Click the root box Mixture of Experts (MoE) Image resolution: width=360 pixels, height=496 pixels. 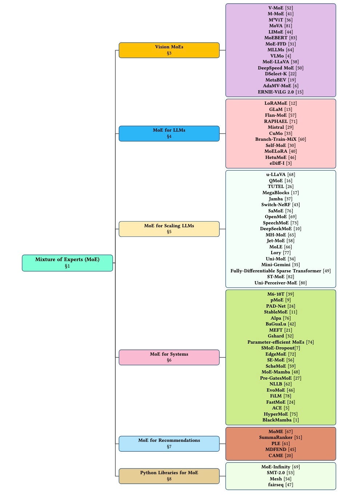pos(67,263)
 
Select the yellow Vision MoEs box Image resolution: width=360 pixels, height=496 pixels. pos(169,50)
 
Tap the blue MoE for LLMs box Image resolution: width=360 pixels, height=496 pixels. pos(169,133)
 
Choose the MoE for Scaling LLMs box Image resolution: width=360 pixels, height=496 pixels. pos(169,229)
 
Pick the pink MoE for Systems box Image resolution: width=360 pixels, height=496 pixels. pos(169,357)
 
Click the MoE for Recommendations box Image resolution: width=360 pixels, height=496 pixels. pos(169,443)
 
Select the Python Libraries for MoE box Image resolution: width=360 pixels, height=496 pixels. pos(169,476)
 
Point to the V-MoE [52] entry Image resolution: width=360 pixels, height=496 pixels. pos(280,8)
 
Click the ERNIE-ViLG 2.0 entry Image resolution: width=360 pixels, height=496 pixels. pos(280,92)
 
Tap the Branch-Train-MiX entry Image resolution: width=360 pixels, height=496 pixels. pos(280,139)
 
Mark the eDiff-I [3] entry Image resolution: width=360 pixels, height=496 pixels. pos(280,163)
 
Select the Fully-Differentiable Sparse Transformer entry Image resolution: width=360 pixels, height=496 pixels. pos(280,271)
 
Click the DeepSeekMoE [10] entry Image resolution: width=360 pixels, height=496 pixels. pos(280,229)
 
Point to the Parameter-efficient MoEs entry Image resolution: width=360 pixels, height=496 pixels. pos(280,342)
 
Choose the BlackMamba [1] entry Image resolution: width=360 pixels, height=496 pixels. pos(280,420)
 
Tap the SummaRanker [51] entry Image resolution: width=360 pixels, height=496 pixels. pos(280,437)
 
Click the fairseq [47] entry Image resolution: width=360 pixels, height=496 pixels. pos(280,485)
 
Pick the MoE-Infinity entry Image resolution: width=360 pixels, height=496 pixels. pos(280,467)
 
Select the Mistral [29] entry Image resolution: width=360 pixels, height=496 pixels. pos(280,127)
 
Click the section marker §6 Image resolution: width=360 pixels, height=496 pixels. pos(169,360)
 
